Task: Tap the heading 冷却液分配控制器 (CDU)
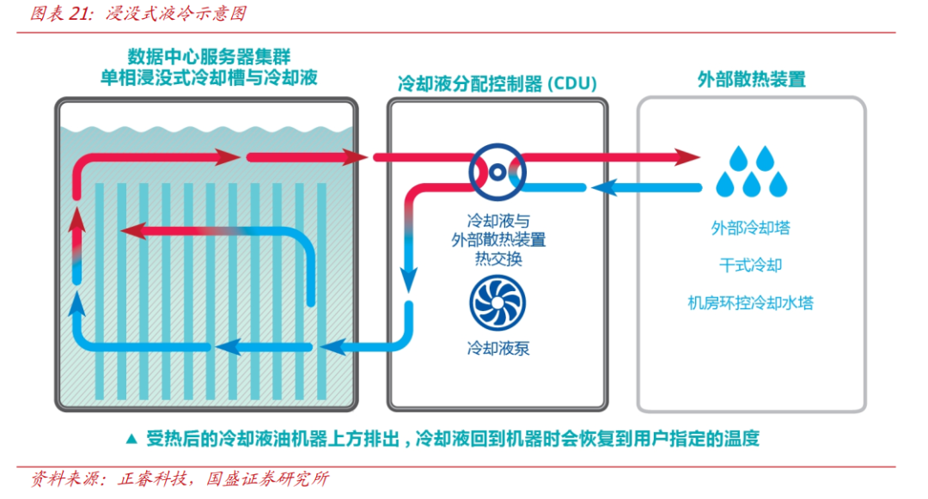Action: point(497,83)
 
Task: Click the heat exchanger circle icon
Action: point(498,172)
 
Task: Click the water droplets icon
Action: point(751,171)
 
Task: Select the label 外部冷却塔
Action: point(751,228)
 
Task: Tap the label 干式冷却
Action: point(751,265)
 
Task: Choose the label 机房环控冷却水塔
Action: point(751,303)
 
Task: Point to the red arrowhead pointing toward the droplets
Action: point(687,157)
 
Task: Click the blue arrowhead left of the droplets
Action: point(606,187)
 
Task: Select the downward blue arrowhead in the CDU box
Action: point(410,278)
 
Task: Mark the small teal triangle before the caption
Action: point(131,439)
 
